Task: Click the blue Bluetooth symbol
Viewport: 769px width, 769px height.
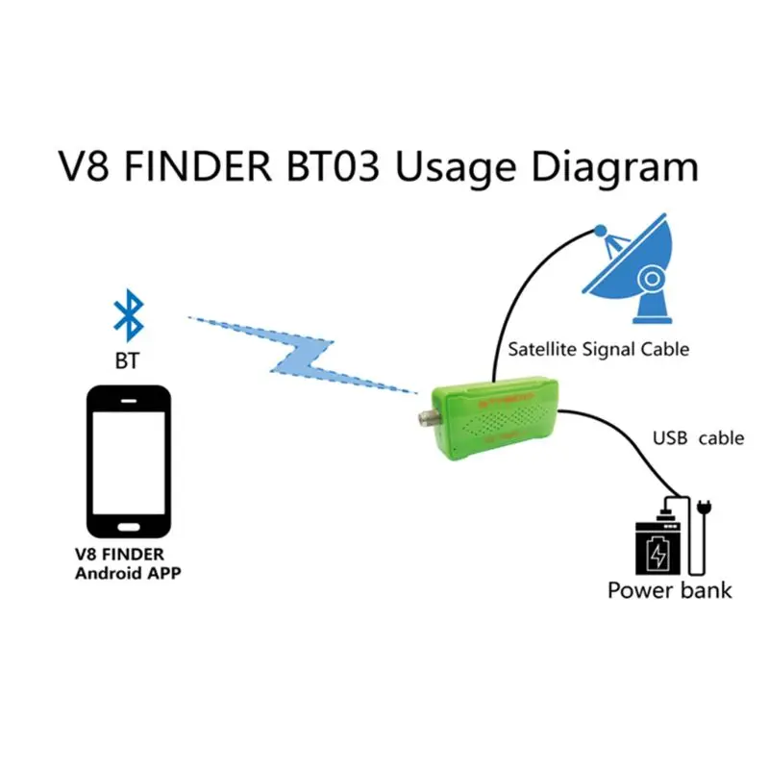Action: click(129, 315)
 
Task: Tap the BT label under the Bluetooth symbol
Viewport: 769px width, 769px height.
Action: click(127, 361)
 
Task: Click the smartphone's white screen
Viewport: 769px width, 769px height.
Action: click(129, 462)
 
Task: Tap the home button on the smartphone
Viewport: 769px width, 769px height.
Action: click(129, 527)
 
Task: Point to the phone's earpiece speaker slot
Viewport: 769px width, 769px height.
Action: click(129, 401)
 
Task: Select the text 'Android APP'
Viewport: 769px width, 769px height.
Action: click(128, 573)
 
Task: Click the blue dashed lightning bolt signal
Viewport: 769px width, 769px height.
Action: click(303, 355)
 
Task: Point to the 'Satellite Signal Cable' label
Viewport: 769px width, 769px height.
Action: click(598, 349)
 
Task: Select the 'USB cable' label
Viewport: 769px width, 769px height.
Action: click(699, 438)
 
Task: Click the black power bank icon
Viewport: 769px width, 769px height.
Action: click(657, 545)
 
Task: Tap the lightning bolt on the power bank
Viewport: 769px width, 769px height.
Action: click(657, 554)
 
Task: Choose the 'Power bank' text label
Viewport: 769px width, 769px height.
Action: click(669, 590)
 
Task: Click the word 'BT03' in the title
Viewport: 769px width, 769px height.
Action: click(333, 165)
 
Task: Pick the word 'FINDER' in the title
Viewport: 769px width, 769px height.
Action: click(198, 165)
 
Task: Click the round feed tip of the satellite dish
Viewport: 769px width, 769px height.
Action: click(600, 231)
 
